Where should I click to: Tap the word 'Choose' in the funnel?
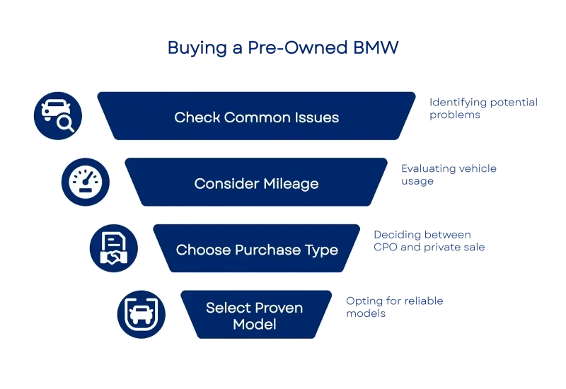coord(200,250)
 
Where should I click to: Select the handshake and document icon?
coord(113,248)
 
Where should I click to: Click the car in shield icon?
coord(141,313)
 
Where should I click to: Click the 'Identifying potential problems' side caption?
coord(484,108)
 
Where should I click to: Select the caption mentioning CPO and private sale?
coord(429,241)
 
